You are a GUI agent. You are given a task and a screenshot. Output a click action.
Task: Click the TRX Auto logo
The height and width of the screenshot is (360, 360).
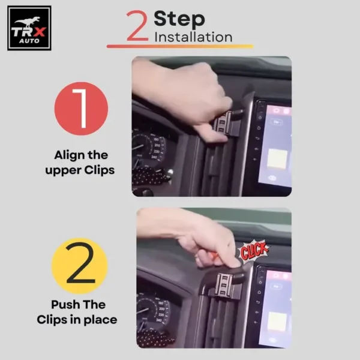click(29, 28)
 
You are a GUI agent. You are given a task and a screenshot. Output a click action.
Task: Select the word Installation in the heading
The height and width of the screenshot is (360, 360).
click(193, 37)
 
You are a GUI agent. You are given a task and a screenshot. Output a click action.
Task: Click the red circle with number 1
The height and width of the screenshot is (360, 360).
click(81, 109)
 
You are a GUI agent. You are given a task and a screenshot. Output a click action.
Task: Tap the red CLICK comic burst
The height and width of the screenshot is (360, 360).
click(254, 251)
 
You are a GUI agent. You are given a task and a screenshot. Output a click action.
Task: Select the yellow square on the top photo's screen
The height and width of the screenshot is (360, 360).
click(277, 158)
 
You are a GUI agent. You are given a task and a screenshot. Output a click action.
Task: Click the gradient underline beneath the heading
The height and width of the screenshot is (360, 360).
click(180, 46)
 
